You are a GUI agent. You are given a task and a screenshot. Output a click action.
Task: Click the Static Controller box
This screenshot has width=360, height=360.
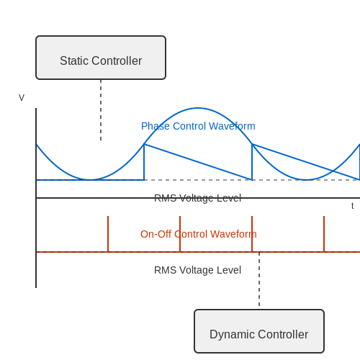pyautogui.click(x=101, y=58)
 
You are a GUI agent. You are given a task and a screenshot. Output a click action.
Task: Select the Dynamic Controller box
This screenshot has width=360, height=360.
pyautogui.click(x=259, y=331)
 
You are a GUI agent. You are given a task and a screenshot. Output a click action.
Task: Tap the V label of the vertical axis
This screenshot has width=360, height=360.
pyautogui.click(x=22, y=98)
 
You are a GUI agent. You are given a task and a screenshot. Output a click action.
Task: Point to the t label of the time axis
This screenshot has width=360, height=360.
pyautogui.click(x=352, y=206)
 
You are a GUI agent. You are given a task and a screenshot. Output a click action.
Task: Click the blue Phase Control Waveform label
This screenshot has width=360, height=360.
pyautogui.click(x=198, y=126)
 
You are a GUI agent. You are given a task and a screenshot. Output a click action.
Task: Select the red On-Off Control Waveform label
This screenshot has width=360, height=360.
pyautogui.click(x=199, y=234)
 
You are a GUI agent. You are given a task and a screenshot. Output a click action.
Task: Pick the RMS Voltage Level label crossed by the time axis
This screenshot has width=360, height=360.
pyautogui.click(x=197, y=198)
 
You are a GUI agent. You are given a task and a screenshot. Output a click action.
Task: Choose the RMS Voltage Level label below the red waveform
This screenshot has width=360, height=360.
pyautogui.click(x=197, y=270)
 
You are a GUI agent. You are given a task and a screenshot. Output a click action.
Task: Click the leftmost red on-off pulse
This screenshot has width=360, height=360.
pyautogui.click(x=108, y=234)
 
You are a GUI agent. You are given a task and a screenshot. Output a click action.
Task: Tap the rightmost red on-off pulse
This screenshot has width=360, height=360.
pyautogui.click(x=324, y=234)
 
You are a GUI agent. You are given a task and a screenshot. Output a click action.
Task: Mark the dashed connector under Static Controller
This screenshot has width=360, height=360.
pyautogui.click(x=101, y=110)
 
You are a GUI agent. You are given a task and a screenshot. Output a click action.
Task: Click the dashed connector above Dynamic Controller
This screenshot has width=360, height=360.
pyautogui.click(x=259, y=279)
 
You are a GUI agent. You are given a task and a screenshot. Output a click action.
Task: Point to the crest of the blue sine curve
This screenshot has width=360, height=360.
pyautogui.click(x=198, y=108)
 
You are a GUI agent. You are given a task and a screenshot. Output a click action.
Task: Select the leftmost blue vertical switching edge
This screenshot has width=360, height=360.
pyautogui.click(x=144, y=162)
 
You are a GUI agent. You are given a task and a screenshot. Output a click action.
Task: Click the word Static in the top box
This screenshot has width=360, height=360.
pyautogui.click(x=74, y=60)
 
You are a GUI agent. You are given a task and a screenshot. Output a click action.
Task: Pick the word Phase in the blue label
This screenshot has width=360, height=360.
pyautogui.click(x=153, y=126)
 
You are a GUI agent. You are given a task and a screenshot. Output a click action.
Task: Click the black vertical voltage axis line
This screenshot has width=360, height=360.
pyautogui.click(x=36, y=198)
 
